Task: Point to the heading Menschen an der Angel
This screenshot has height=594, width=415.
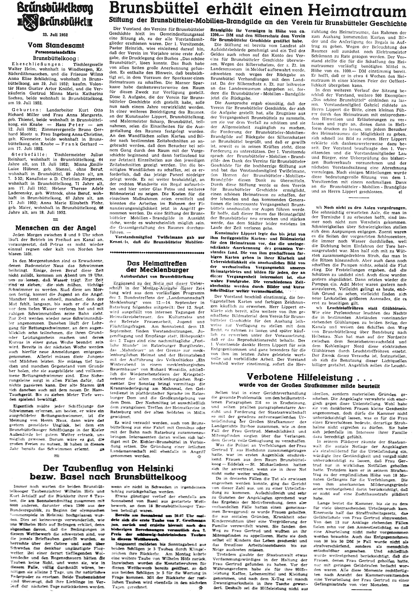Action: tap(56, 228)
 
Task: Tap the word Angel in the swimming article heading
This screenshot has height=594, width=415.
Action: tap(86, 228)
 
